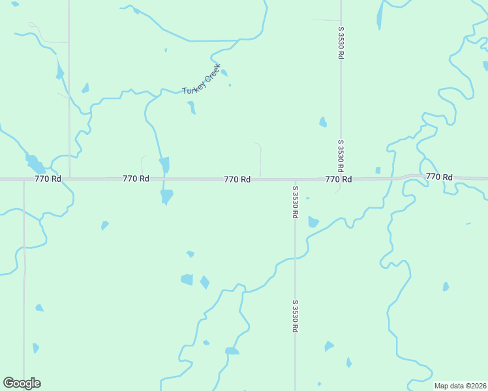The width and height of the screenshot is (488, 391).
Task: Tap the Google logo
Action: click(22, 383)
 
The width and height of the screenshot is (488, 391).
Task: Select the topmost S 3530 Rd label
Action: click(341, 43)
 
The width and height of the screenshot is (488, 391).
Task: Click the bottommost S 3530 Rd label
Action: click(295, 317)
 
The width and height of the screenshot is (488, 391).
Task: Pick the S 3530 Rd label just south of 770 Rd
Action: click(295, 202)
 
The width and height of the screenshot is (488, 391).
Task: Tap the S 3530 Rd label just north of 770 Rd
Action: click(341, 155)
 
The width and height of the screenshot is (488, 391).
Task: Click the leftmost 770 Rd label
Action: click(48, 179)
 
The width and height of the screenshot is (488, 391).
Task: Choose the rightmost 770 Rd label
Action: click(439, 177)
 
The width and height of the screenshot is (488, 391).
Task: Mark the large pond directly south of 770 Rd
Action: click(167, 195)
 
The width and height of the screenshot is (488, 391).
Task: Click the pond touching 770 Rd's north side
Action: click(164, 164)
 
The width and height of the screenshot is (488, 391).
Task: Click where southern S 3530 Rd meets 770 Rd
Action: click(295, 180)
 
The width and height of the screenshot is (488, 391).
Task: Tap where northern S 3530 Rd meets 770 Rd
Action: click(341, 179)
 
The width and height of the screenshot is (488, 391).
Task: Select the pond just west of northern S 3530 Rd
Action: click(322, 122)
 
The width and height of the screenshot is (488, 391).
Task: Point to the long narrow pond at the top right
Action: click(380, 16)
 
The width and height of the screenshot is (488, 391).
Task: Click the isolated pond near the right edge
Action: click(446, 287)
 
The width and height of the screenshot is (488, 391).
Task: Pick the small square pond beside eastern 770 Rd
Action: click(378, 171)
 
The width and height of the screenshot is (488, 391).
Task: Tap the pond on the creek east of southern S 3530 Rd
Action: click(313, 222)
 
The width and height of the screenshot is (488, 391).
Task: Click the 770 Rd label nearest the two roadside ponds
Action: click(136, 179)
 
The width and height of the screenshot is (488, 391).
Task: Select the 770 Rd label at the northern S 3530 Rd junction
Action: click(339, 179)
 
